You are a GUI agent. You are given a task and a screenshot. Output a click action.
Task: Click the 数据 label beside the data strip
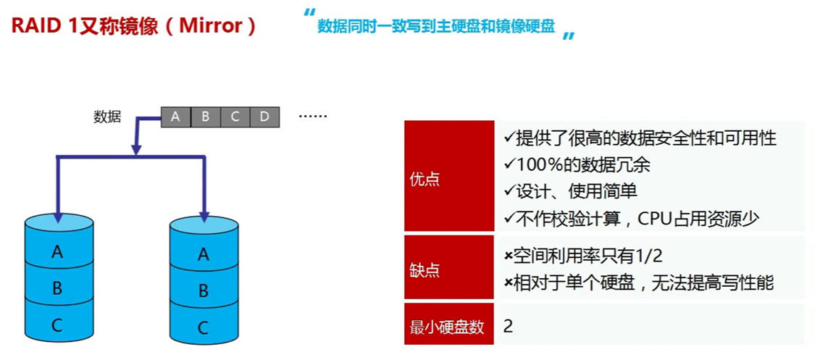[107, 116]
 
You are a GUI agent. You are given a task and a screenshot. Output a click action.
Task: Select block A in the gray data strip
[175, 116]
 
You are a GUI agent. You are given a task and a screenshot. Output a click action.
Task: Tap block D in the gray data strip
[264, 116]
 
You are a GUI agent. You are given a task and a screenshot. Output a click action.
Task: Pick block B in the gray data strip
[205, 116]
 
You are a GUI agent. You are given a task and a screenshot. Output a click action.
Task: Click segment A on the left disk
[57, 252]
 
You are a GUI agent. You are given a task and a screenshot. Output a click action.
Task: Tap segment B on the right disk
[204, 291]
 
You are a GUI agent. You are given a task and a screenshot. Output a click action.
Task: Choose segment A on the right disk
[204, 254]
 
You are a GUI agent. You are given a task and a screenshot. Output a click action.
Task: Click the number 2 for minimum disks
[508, 326]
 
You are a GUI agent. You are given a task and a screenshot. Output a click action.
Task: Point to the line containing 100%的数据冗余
[577, 164]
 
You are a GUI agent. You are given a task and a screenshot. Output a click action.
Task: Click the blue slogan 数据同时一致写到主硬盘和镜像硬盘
[436, 27]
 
